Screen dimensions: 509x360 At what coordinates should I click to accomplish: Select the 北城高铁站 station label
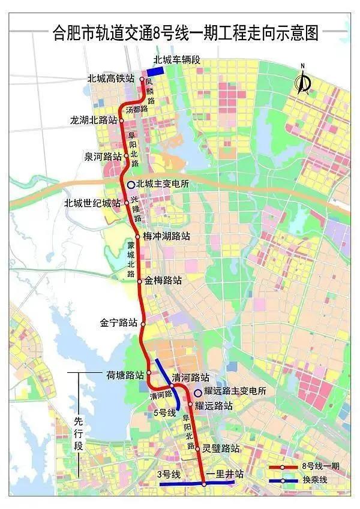[112, 79]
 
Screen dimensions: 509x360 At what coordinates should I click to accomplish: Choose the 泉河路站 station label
[103, 156]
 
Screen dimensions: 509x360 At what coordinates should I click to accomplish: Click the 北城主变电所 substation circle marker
[131, 184]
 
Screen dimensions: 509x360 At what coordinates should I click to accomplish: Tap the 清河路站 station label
[190, 378]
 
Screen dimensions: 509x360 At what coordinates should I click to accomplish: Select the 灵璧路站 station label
[221, 448]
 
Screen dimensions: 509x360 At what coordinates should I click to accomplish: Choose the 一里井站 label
[224, 474]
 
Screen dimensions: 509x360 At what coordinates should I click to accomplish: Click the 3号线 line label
[169, 474]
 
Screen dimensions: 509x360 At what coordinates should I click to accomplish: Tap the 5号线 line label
[164, 412]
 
